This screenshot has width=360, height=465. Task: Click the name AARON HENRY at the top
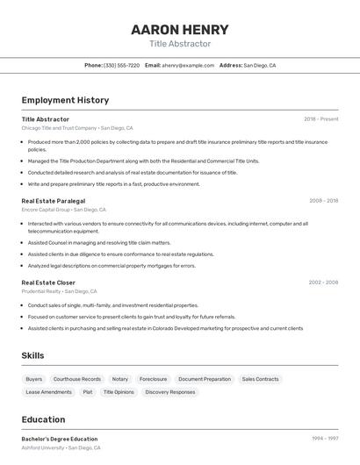(180, 29)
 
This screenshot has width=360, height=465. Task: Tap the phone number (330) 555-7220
(121, 65)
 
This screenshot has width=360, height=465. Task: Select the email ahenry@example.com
(188, 65)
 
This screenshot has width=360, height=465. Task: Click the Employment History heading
(65, 100)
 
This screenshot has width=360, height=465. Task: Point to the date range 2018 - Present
(321, 119)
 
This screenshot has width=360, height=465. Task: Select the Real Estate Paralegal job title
(53, 201)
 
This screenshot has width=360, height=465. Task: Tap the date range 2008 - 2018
(323, 201)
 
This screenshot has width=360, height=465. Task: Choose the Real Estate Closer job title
(48, 283)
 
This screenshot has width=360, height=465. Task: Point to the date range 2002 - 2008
(323, 283)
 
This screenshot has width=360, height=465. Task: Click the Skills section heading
(33, 355)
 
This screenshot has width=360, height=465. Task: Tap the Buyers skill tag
(33, 379)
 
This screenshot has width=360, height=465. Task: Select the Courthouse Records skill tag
(77, 379)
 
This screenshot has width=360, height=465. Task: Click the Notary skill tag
(120, 379)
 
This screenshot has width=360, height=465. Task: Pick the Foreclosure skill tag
(153, 379)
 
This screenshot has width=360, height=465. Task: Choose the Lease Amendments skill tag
(49, 392)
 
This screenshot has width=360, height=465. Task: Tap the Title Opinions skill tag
(119, 392)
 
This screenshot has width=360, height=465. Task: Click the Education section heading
(43, 419)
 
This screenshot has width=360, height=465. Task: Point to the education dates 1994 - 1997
(325, 439)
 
